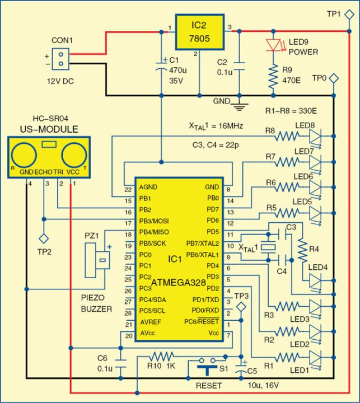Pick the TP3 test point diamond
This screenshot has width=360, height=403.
pos(241,307)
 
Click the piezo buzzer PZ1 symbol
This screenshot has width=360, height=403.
pos(101,259)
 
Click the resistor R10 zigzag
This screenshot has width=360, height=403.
pos(162,356)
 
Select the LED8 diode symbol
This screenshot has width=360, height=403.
pos(317,135)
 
